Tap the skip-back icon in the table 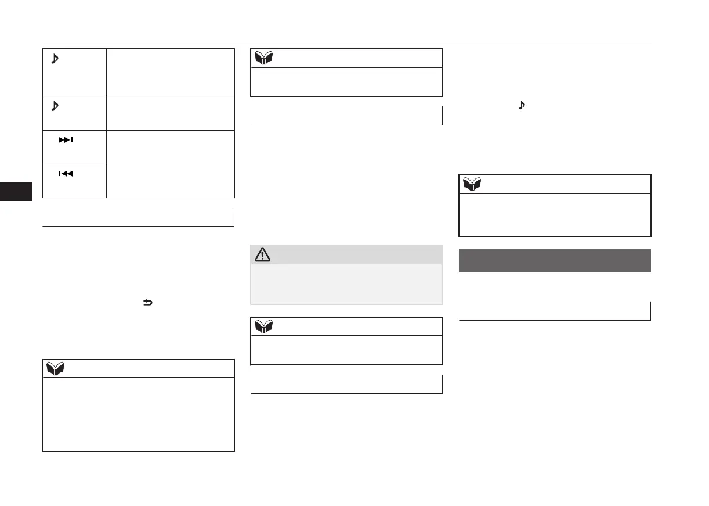(65, 173)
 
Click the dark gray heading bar (555, 261)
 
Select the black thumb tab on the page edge (16, 191)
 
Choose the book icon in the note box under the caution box (265, 326)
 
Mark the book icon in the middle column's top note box (265, 58)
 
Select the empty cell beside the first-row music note (171, 72)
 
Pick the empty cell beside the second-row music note (171, 113)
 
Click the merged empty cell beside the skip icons (171, 164)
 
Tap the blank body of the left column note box (138, 414)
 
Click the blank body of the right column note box (555, 214)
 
